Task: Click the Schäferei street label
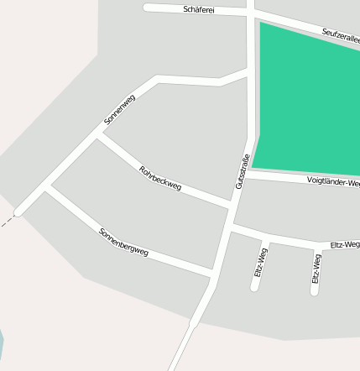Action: point(199,9)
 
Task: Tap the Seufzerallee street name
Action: point(340,36)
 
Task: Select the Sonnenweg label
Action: point(119,110)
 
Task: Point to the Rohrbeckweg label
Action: point(159,178)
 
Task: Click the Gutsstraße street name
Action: point(242,171)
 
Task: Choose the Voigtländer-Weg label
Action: point(333,181)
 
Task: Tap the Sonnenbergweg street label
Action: point(123,242)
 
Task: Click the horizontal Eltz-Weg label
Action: point(345,244)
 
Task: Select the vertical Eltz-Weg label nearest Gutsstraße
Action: point(261,263)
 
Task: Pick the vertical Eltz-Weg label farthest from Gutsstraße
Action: point(316,269)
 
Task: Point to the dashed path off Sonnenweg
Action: point(7,222)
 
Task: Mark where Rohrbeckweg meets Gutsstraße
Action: point(231,204)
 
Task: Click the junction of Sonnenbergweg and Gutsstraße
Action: point(212,274)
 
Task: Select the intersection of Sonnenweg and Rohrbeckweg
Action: point(97,138)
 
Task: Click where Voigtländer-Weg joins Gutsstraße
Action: point(248,174)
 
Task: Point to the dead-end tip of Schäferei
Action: point(147,8)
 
